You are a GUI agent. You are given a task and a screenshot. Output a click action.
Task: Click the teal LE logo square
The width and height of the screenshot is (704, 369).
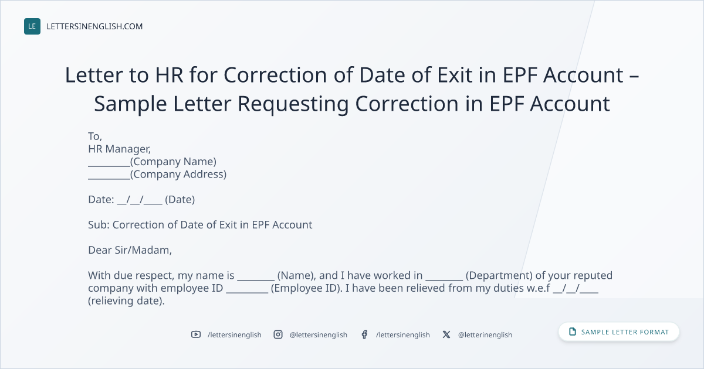click(x=32, y=26)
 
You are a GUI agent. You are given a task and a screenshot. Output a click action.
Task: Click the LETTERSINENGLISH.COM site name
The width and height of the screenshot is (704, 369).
click(x=94, y=26)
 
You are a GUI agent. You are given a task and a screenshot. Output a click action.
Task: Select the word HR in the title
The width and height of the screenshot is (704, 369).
click(x=169, y=76)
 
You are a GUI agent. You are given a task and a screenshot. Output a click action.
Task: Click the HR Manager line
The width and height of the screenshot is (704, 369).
click(x=120, y=149)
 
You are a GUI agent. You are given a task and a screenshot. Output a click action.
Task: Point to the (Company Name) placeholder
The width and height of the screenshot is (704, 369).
click(x=173, y=162)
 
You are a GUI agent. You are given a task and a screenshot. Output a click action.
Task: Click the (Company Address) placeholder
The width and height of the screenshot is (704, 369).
click(x=178, y=175)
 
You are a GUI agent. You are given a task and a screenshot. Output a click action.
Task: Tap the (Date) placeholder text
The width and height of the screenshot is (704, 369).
click(x=180, y=200)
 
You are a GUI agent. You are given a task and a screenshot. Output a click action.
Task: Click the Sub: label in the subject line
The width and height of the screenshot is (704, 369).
click(x=99, y=225)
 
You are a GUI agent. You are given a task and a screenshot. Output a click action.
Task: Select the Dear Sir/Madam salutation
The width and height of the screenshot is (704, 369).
click(x=130, y=251)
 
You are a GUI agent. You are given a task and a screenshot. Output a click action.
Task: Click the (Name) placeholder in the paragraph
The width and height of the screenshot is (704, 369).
click(x=297, y=275)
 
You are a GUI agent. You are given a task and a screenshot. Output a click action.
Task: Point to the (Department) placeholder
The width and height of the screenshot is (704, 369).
click(x=499, y=275)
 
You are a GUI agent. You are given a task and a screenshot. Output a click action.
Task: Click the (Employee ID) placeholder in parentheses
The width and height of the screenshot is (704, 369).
click(x=306, y=288)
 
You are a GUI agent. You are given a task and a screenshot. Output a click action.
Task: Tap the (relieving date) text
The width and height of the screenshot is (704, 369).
click(x=126, y=301)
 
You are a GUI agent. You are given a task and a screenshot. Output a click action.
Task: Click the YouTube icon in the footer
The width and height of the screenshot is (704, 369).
click(x=196, y=334)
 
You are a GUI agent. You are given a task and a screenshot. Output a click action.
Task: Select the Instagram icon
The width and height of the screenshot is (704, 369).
click(x=278, y=334)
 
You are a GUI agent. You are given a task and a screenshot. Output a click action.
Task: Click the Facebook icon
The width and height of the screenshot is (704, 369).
click(x=364, y=334)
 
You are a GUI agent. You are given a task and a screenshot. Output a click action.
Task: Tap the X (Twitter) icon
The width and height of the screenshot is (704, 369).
click(x=446, y=334)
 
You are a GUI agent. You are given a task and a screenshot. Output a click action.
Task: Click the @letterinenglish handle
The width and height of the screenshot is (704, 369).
click(x=485, y=335)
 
